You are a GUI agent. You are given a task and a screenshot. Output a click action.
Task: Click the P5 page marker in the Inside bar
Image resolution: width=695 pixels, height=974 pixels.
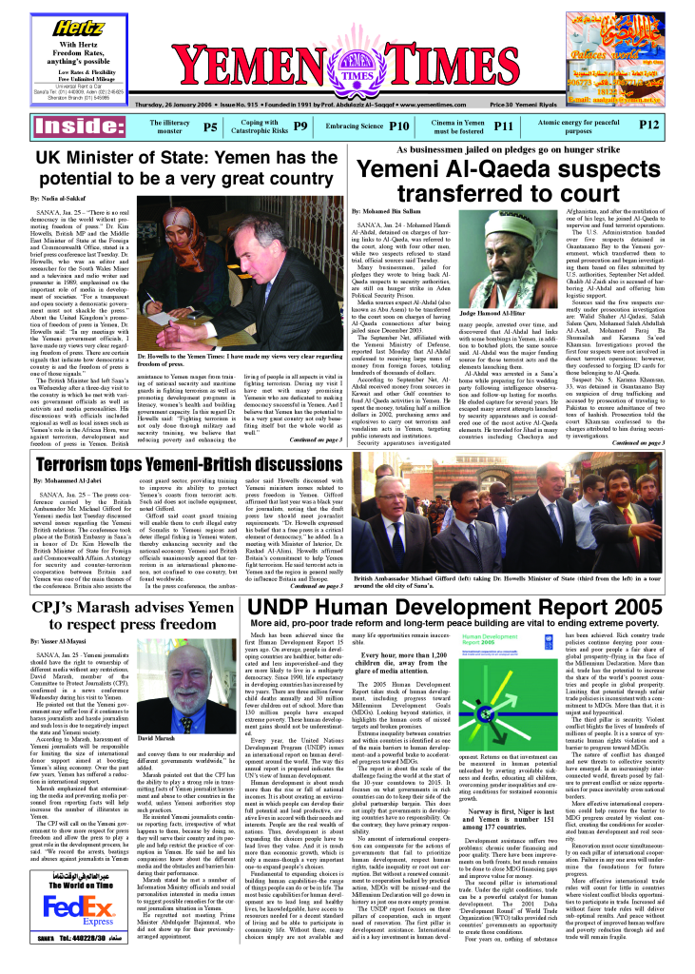tap(210, 126)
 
